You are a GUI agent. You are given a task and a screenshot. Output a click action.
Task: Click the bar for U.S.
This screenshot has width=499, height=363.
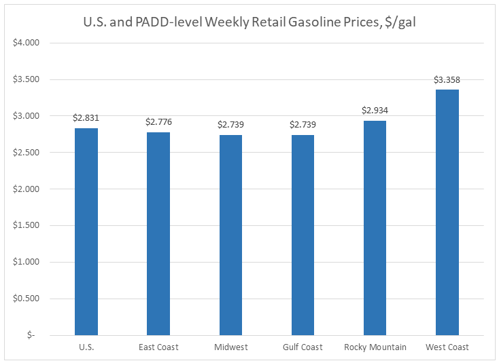pyautogui.click(x=86, y=231)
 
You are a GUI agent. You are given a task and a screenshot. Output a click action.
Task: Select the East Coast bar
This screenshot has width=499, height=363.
pyautogui.click(x=158, y=233)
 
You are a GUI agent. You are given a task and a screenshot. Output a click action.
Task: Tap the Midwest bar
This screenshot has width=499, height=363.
pyautogui.click(x=230, y=235)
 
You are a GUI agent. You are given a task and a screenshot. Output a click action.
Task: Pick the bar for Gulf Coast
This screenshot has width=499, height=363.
pyautogui.click(x=303, y=235)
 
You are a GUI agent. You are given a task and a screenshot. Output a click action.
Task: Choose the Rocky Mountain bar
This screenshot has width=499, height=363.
pyautogui.click(x=375, y=228)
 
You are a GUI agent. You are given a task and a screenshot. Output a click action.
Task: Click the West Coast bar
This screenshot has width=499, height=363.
pyautogui.click(x=447, y=212)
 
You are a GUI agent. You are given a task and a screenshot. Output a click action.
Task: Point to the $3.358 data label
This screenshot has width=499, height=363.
pyautogui.click(x=447, y=80)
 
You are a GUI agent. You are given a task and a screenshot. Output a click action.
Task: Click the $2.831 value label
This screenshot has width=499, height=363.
pyautogui.click(x=86, y=118)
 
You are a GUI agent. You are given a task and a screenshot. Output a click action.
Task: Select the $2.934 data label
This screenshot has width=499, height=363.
pyautogui.click(x=375, y=110)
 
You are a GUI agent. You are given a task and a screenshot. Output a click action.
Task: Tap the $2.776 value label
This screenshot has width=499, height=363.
pyautogui.click(x=158, y=122)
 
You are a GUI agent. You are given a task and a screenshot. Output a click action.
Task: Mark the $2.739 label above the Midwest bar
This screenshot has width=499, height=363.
pyautogui.click(x=230, y=125)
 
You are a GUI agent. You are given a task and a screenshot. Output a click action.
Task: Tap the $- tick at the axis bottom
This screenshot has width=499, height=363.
pyautogui.click(x=33, y=335)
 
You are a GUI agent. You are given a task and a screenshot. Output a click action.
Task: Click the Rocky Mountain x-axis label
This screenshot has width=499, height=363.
pyautogui.click(x=375, y=347)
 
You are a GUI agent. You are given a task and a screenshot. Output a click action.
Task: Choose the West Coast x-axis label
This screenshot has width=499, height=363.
pyautogui.click(x=447, y=347)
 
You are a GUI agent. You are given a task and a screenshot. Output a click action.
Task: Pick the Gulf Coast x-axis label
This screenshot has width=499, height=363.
pyautogui.click(x=303, y=347)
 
